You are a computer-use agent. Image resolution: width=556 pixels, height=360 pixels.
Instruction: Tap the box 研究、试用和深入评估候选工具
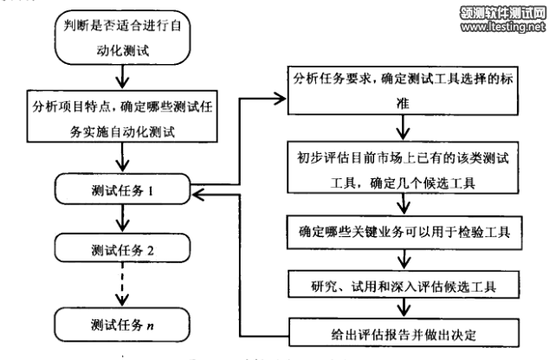pyautogui.click(x=403, y=285)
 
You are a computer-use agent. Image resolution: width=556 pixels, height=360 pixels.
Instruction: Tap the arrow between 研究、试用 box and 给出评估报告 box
pyautogui.click(x=404, y=308)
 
